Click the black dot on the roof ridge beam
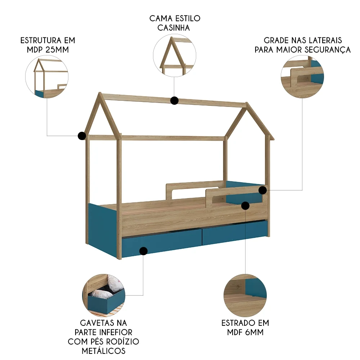[175, 100]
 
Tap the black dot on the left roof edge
[82, 136]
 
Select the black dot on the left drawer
[143, 251]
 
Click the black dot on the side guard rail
[263, 190]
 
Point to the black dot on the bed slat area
[246, 206]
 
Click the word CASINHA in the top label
[174, 28]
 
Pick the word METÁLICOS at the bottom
[104, 351]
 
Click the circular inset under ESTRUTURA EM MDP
[47, 77]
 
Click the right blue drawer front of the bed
[235, 232]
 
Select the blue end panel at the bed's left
[102, 231]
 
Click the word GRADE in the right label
[275, 40]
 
